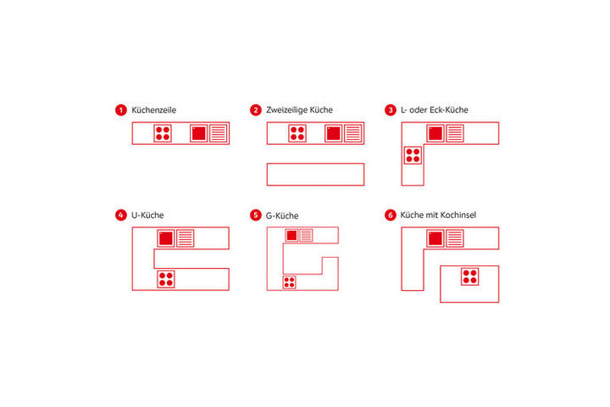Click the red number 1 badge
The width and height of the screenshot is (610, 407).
coord(121,110)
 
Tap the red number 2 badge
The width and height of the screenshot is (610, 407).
coord(256,110)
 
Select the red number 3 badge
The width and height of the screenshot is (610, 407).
coord(391,110)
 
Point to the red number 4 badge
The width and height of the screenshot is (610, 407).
coord(121,215)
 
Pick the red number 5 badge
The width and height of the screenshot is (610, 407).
coord(256,215)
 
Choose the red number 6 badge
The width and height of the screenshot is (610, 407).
coord(391,215)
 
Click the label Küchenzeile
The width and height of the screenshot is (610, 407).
coord(153,110)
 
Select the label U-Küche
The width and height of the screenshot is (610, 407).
coord(147,215)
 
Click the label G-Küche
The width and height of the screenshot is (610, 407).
coord(282,215)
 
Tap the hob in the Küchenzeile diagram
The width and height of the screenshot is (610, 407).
coord(163,133)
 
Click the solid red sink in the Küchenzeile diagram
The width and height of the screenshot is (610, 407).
coord(199,133)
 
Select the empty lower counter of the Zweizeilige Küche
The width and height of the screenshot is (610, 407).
coord(315,174)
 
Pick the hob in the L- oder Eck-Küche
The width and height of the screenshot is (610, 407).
coord(413,155)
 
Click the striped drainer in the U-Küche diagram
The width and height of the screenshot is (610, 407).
coord(186,238)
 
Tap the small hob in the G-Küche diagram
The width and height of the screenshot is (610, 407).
coord(289,282)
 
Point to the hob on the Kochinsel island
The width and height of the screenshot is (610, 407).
coord(469,276)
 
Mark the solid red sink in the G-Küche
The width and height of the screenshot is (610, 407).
coord(291,235)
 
